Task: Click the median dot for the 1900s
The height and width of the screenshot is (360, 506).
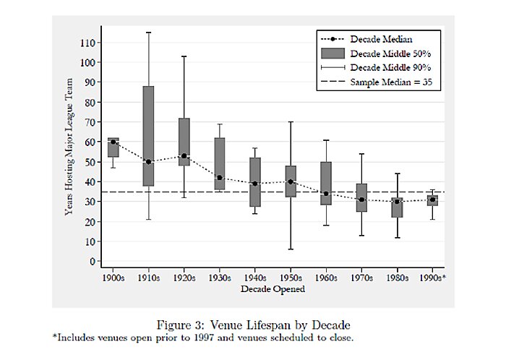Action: point(113,142)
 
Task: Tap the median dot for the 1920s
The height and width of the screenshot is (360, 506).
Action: point(184,156)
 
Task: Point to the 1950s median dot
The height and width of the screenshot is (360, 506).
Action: point(290,181)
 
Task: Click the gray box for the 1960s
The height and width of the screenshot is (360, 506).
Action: point(325,183)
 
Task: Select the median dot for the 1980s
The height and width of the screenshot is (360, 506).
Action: point(396,202)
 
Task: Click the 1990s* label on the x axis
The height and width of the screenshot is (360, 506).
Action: point(432,277)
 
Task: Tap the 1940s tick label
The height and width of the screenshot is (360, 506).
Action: point(254,277)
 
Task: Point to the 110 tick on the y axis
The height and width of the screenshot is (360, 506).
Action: point(87,43)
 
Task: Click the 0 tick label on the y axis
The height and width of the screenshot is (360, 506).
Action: point(92,261)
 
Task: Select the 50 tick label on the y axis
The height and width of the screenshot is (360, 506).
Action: point(90,162)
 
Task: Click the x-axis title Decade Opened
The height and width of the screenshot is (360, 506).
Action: point(273,289)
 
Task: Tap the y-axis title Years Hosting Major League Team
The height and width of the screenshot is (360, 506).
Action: point(69,151)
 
